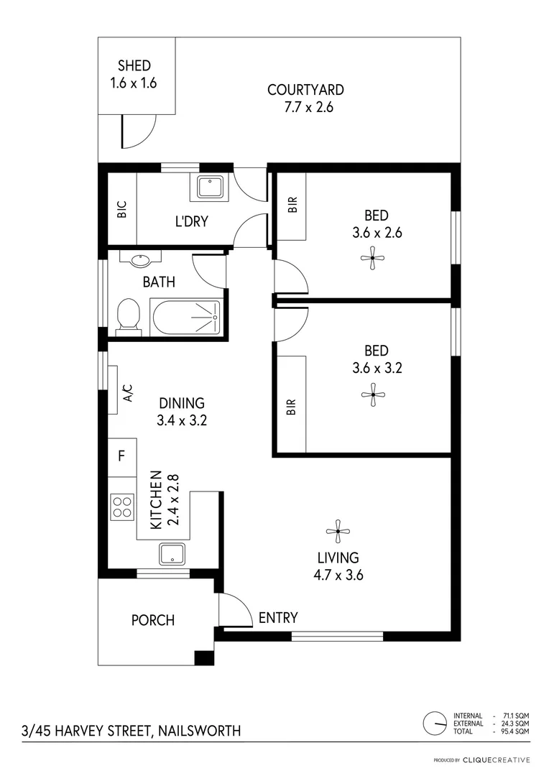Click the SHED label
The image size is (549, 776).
tap(134, 66)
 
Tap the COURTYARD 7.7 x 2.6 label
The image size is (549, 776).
tap(305, 91)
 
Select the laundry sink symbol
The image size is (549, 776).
tap(211, 188)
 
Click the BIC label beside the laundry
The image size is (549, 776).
tap(121, 211)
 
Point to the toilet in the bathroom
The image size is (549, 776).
tap(129, 316)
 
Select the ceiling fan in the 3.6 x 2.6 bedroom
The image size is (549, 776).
tap(373, 257)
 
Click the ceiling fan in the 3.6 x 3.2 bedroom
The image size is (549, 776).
tap(373, 393)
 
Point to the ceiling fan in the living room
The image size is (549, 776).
tap(338, 532)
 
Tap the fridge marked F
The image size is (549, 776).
tap(121, 456)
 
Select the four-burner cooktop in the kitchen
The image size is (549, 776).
tap(121, 507)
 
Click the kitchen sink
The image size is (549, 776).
tap(172, 554)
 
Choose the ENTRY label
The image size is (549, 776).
tap(278, 617)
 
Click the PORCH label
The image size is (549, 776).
tap(152, 619)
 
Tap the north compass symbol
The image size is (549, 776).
tap(435, 723)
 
